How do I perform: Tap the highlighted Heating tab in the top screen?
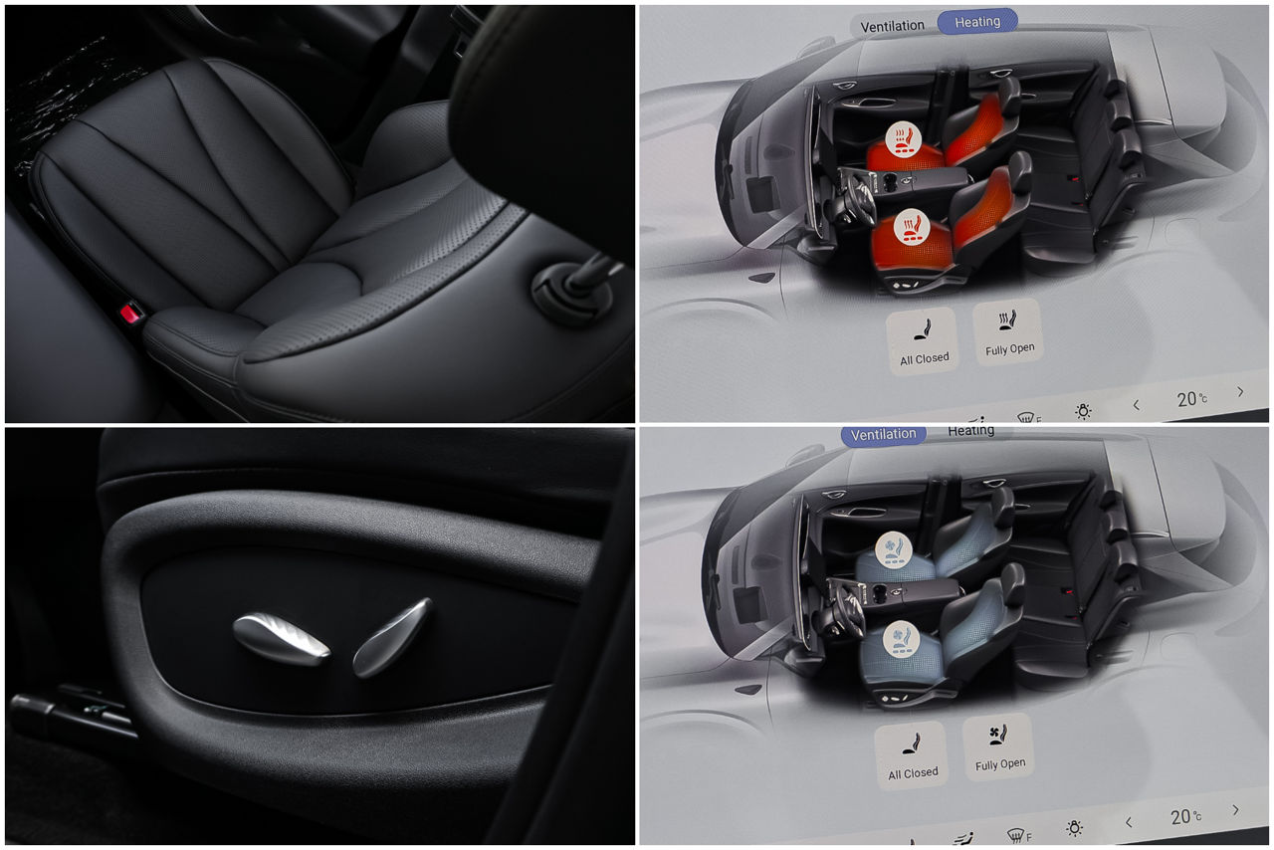976,22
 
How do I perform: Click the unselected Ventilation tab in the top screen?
892,26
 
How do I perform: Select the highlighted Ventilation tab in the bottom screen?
883,435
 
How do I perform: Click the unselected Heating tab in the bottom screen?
970,431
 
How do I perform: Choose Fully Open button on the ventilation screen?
998,747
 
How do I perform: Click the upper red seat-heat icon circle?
903,138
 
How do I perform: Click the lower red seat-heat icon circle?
911,227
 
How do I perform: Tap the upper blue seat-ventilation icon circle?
894,549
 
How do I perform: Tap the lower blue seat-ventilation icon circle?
901,639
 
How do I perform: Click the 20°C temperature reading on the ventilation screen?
1185,817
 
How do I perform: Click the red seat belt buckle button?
131,313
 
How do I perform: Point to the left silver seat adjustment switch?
281,638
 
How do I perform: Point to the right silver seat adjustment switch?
392,638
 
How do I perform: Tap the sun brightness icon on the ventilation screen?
1074,828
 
